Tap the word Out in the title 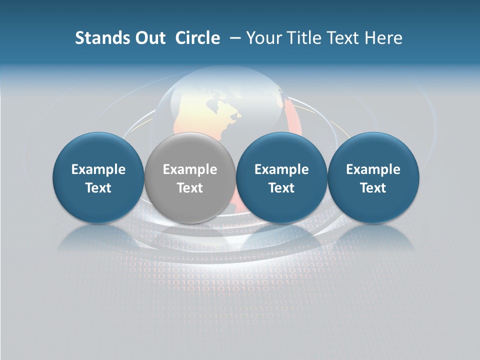(x=148, y=38)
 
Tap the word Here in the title (x=383, y=38)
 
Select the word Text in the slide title (x=341, y=38)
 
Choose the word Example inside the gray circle (x=190, y=169)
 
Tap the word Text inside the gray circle (x=190, y=188)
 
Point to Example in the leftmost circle (x=98, y=169)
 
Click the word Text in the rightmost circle (x=373, y=188)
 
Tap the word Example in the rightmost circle (x=373, y=169)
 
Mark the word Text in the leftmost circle (x=98, y=188)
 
